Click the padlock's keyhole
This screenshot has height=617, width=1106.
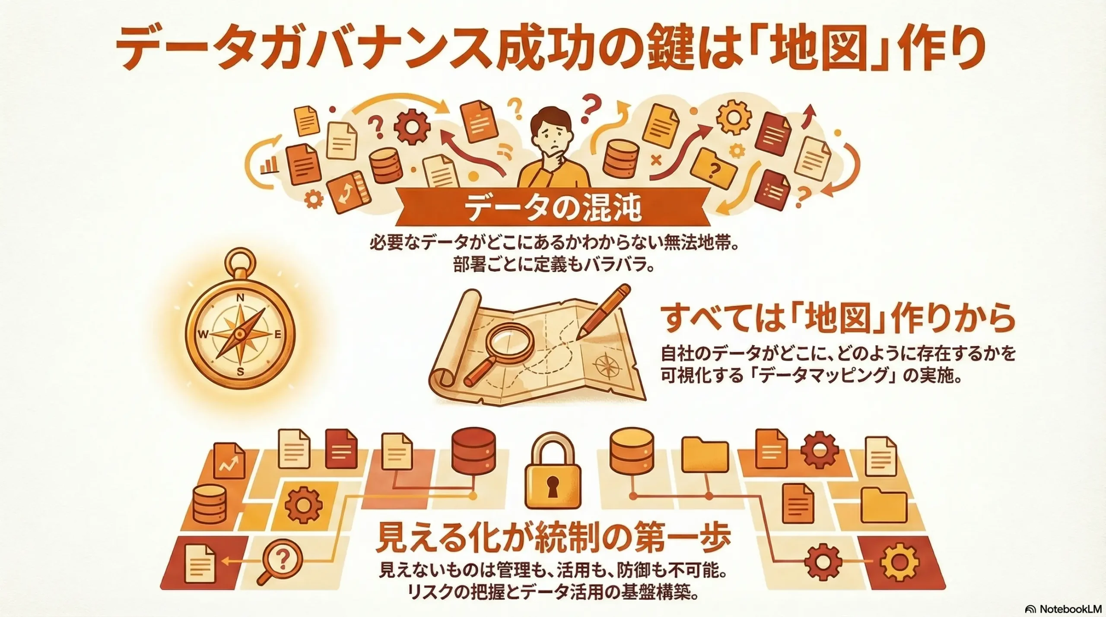click(x=550, y=487)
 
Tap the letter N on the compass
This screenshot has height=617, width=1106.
click(x=241, y=297)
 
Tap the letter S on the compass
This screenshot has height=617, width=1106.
click(x=241, y=372)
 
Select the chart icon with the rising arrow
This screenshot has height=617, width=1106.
click(x=230, y=463)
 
